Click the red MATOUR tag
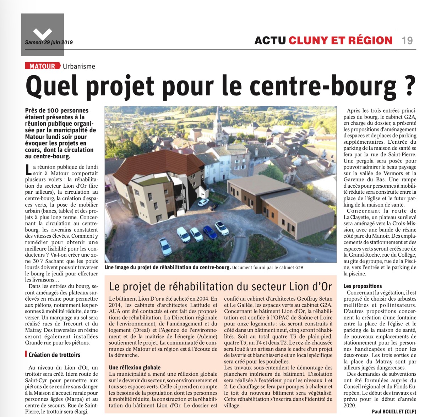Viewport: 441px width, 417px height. click(x=42, y=66)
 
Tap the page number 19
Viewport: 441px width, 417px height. click(x=407, y=40)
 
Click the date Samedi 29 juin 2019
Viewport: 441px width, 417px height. click(x=49, y=42)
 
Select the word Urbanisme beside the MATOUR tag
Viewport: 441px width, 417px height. click(x=79, y=66)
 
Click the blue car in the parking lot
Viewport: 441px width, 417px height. click(x=209, y=232)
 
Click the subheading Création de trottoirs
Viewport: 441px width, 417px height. click(x=54, y=355)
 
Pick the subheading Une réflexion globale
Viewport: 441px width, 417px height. click(x=135, y=367)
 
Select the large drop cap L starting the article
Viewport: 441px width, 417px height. click(x=28, y=170)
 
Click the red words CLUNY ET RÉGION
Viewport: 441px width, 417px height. click(x=340, y=40)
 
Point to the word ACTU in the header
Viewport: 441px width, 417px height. click(x=270, y=40)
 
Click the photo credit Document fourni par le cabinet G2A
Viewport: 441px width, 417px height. click(x=268, y=268)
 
